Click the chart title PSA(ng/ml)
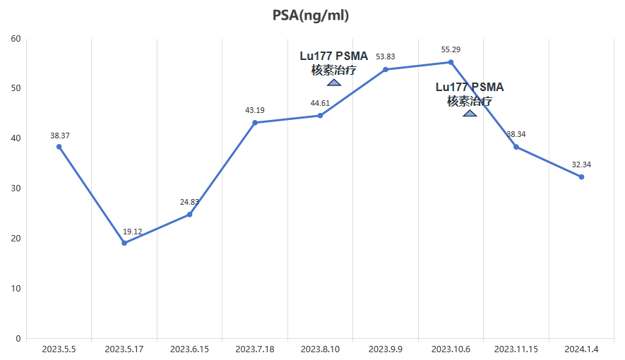[x=311, y=16]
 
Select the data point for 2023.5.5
[x=59, y=147]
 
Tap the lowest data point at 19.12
[x=124, y=243]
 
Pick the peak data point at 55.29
[x=451, y=62]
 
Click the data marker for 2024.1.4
[x=581, y=176]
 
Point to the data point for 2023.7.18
[x=255, y=123]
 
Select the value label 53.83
[x=386, y=57]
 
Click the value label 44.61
[x=320, y=104]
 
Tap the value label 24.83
[x=189, y=203]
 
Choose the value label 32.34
[x=581, y=165]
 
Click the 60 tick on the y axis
[x=16, y=39]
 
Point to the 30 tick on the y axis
[x=16, y=188]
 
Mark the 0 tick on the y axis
[x=18, y=339]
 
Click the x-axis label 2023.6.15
[x=189, y=349]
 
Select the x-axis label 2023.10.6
[x=451, y=349]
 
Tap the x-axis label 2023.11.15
[x=516, y=349]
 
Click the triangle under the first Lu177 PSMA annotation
[x=334, y=83]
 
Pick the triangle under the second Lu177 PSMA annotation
[x=470, y=113]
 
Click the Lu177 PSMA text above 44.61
[x=334, y=56]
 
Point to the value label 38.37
[x=60, y=136]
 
